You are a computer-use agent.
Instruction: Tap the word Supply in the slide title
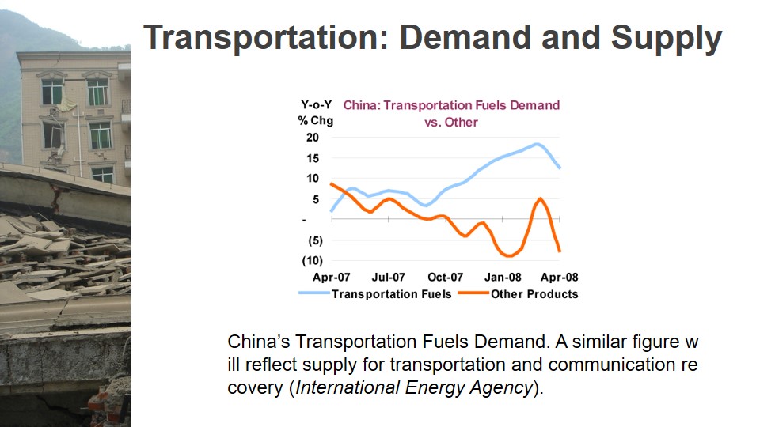click(x=667, y=40)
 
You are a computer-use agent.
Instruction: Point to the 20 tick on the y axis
click(x=313, y=138)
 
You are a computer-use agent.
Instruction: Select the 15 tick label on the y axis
click(x=313, y=158)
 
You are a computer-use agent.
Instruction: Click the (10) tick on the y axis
click(x=313, y=261)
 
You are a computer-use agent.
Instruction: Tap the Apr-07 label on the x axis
click(x=332, y=278)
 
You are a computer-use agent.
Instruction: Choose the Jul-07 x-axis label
click(x=388, y=278)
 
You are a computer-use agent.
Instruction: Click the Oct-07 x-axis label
click(x=446, y=278)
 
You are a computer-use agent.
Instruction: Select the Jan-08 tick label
click(x=503, y=278)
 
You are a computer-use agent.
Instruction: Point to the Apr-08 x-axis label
click(x=560, y=278)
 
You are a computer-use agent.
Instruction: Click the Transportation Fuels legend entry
click(x=375, y=294)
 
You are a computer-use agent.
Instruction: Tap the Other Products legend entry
click(x=518, y=294)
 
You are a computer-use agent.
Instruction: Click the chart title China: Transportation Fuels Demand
click(x=452, y=105)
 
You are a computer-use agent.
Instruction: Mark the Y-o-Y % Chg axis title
click(x=316, y=113)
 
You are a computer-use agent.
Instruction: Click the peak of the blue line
click(x=537, y=144)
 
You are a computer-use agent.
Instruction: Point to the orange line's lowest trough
click(x=509, y=255)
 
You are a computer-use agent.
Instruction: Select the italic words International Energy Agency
click(x=414, y=387)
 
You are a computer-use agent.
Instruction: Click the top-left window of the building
click(x=52, y=91)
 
